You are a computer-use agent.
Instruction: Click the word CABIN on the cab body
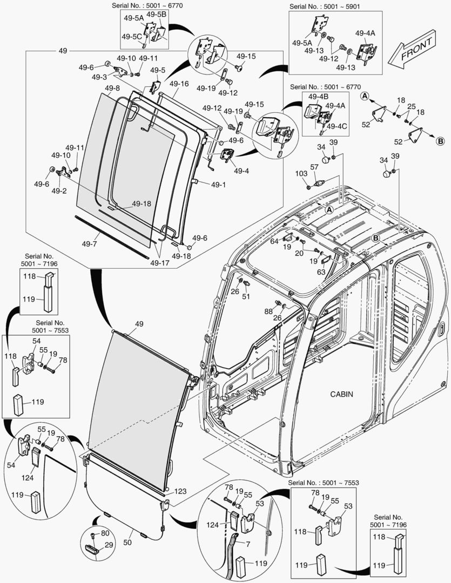[x=341, y=394]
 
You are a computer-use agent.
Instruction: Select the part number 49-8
[x=112, y=88]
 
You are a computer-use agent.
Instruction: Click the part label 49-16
[x=179, y=84]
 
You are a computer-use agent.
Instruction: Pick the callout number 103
[x=301, y=173]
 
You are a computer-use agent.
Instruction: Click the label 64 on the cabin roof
[x=274, y=241]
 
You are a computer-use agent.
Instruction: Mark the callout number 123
[x=180, y=491]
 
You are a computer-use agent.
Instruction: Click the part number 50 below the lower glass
[x=128, y=541]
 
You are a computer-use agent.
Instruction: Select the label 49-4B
[x=318, y=97]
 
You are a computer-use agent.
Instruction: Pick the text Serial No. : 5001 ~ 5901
[x=325, y=6]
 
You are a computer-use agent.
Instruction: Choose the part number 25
[x=412, y=106]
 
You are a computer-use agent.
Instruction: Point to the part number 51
[x=246, y=296]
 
